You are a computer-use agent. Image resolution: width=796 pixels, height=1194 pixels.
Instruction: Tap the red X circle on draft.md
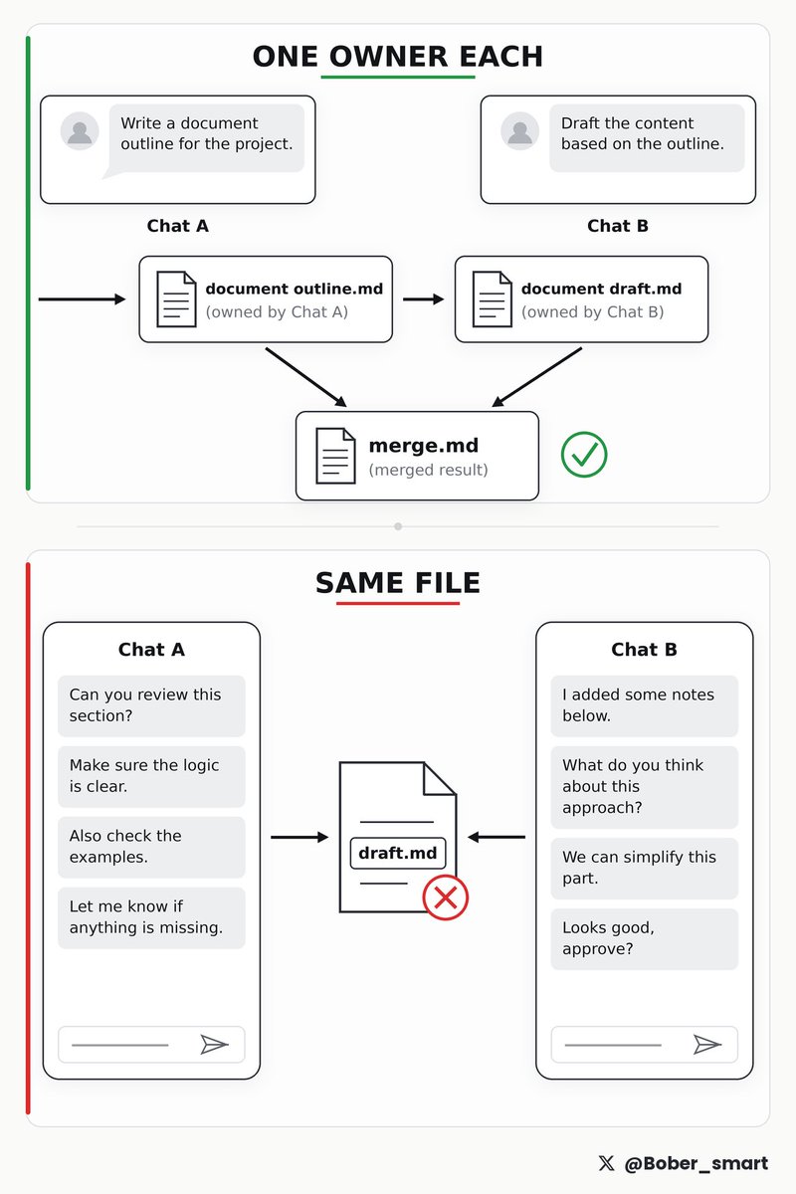coord(445,897)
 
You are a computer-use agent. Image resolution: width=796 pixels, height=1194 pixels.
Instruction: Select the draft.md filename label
coord(398,853)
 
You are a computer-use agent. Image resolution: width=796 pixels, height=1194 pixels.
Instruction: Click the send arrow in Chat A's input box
coord(214,1044)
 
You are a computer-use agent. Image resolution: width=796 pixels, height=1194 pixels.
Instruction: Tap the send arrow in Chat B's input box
coord(707,1044)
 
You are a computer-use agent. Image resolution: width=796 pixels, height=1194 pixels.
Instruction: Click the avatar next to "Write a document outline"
coord(80,130)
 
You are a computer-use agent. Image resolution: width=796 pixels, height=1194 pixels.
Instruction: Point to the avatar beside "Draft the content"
coord(519,130)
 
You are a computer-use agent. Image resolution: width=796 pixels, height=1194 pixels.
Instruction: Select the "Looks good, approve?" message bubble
coord(644,938)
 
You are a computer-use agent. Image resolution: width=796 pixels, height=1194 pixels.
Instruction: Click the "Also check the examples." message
coord(151,847)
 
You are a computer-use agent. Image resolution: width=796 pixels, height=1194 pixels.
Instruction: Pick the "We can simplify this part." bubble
coord(644,869)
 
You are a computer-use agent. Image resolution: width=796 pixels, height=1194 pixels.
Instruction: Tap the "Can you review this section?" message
coord(151,705)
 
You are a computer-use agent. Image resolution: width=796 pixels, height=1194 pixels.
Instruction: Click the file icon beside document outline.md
coord(176,299)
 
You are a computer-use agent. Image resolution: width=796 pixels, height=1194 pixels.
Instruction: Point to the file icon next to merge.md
coord(335,456)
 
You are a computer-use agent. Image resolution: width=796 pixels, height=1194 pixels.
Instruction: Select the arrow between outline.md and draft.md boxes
coord(423,299)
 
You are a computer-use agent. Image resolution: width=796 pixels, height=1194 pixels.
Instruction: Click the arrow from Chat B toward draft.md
coord(497,837)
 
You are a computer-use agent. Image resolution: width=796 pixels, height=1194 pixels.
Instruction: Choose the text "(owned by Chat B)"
coord(592,311)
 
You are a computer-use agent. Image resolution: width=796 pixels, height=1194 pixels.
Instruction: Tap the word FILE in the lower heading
coord(448,583)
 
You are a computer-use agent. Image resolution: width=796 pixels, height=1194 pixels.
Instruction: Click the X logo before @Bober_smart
coord(606,1163)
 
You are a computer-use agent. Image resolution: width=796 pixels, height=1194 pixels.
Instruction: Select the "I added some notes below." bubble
coord(644,705)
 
